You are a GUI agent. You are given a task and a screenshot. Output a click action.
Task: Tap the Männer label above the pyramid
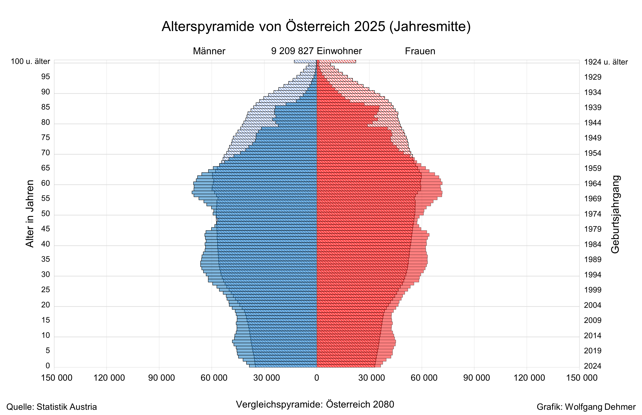(x=209, y=51)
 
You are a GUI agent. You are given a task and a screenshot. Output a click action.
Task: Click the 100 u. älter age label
(x=30, y=62)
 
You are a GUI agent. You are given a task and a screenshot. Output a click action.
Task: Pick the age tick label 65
(x=46, y=168)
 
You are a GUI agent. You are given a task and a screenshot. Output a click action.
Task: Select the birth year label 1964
(x=593, y=184)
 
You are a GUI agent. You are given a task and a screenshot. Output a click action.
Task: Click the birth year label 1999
(x=593, y=290)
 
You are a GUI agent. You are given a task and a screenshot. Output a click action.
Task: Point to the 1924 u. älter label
(x=606, y=62)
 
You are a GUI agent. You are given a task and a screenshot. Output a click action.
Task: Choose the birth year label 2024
(x=593, y=366)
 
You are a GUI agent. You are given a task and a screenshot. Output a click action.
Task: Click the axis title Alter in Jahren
(x=30, y=213)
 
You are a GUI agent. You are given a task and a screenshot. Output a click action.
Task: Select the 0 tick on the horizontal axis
(x=317, y=378)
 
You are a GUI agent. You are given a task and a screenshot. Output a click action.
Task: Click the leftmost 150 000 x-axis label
(x=57, y=378)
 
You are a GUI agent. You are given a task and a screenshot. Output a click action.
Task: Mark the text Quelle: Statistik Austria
(x=51, y=407)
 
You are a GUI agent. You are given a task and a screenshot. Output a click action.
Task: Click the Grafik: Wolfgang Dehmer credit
(x=586, y=407)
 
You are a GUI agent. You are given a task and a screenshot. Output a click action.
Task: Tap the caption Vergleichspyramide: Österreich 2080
(x=315, y=404)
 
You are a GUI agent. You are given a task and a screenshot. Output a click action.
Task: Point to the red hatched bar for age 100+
(x=337, y=61)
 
